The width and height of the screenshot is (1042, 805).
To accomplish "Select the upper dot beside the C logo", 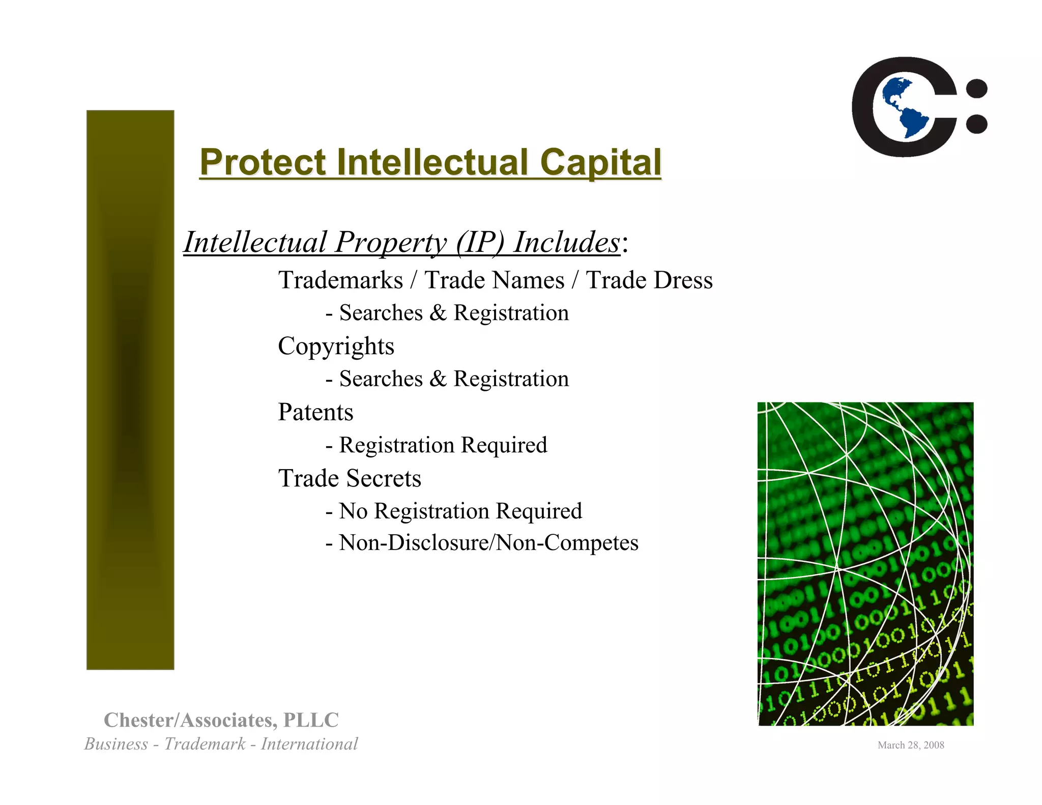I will tap(976, 89).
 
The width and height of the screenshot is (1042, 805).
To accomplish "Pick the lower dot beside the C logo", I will tap(976, 124).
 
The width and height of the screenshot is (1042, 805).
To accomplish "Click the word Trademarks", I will tap(340, 280).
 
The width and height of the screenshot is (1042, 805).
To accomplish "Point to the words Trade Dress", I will tap(649, 280).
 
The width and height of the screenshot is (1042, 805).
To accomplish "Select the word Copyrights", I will tap(336, 347).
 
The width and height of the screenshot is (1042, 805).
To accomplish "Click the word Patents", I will tap(315, 412).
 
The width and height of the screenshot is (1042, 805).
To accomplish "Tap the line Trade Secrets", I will tap(350, 478).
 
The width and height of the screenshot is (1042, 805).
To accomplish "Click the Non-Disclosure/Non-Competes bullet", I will tap(482, 542).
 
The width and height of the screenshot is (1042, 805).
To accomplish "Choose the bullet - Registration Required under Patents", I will tap(437, 445).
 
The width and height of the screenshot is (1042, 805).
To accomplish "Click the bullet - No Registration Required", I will tap(454, 511).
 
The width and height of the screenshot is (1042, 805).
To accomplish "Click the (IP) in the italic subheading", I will tap(480, 242).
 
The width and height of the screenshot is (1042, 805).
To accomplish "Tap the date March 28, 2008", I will tap(911, 745).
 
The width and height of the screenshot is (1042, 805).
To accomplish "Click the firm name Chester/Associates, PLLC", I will tap(221, 720).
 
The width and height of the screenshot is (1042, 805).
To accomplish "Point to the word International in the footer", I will tap(309, 744).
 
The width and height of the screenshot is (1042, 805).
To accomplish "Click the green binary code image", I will tap(865, 563).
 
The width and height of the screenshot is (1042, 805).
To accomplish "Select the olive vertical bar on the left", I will tap(130, 389).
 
